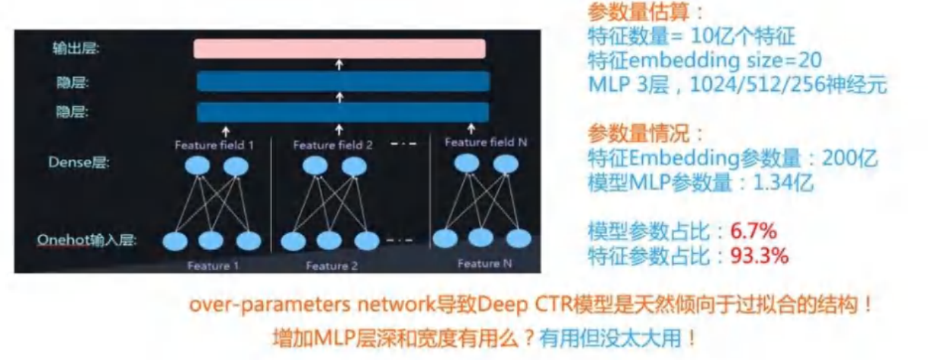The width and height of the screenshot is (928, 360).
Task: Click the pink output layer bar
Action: click(x=339, y=49)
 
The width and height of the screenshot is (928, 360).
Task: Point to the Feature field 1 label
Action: click(x=215, y=145)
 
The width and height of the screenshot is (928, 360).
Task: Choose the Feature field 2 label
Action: click(x=333, y=145)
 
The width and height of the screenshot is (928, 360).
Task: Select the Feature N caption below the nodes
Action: click(x=478, y=264)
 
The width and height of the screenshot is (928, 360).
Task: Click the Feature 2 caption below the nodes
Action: click(x=331, y=266)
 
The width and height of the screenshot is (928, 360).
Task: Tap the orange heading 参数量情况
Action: click(x=645, y=134)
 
